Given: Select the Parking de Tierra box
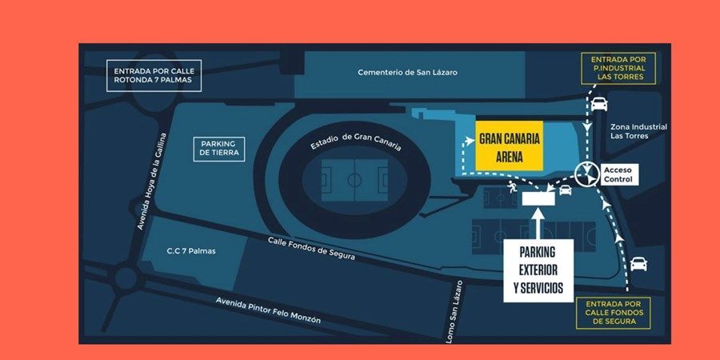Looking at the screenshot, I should pos(218,148).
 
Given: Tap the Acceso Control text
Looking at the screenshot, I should pos(618,174).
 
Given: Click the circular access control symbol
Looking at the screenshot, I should pos(588,172).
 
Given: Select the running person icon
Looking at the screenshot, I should pos(511,188).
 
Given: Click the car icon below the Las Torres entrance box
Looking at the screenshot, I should pos(599,103).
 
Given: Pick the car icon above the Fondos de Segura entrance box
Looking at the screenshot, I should pos(638,263).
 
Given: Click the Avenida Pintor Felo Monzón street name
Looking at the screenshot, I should pos(268,309).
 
